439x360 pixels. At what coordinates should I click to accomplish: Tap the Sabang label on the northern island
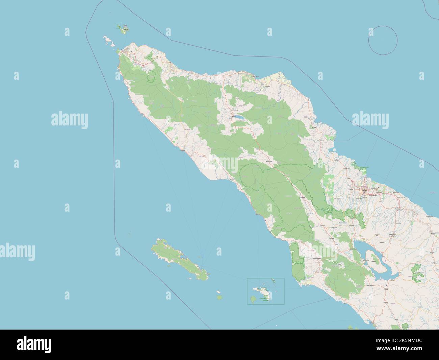coord(125,26)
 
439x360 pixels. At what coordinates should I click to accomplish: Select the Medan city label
coord(364,191)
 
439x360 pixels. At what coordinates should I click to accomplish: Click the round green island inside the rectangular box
coord(253,299)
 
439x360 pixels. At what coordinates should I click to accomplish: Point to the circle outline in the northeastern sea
coord(383,40)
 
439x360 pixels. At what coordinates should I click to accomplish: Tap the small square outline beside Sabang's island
coord(118,25)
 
